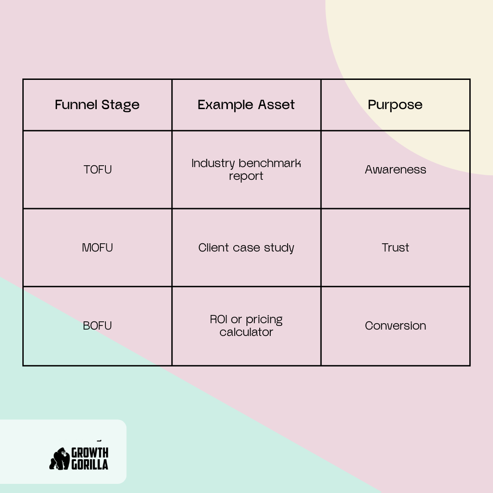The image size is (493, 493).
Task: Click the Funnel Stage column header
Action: pos(97,105)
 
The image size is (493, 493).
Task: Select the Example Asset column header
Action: pos(246,105)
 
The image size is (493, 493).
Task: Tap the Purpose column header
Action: pos(395,105)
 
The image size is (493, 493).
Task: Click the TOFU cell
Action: pos(98,170)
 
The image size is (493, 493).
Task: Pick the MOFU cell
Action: pos(98,248)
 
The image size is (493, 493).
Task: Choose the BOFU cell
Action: pos(98,326)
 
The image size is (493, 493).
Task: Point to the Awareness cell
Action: pos(395,170)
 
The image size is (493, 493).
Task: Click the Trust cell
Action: pos(395,248)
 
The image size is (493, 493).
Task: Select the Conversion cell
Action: pos(395,326)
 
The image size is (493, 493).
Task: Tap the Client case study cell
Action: pos(246,248)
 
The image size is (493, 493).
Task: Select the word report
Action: pos(246,176)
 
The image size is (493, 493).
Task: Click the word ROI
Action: pos(219,320)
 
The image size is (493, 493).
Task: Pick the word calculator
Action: pos(246,332)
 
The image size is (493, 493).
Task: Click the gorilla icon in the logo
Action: pos(59,459)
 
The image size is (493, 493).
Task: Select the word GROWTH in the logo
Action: pos(90,453)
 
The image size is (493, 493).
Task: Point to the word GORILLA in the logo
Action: pos(90,465)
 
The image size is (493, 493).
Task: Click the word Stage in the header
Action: pos(121,105)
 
